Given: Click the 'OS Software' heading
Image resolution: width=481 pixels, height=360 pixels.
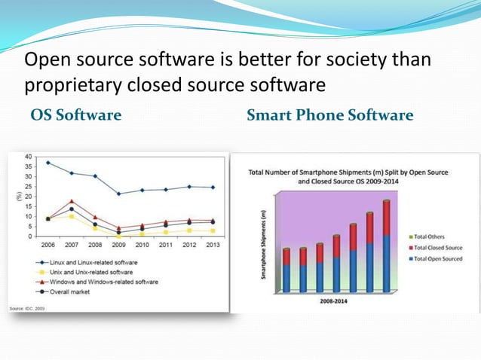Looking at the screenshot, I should click(75, 115).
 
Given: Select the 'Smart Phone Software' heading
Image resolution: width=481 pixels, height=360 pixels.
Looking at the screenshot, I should click(329, 115).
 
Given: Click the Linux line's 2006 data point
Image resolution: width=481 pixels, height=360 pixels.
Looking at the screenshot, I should click(49, 163).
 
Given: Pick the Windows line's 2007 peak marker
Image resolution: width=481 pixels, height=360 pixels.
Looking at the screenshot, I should click(71, 201).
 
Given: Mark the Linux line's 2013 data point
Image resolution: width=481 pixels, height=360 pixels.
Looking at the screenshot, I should click(213, 188).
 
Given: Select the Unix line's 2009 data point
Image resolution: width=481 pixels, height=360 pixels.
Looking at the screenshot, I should click(118, 235).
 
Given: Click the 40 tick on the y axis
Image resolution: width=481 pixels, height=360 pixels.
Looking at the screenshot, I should click(28, 157).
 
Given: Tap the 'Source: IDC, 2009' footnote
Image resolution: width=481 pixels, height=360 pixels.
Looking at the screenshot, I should click(29, 308).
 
